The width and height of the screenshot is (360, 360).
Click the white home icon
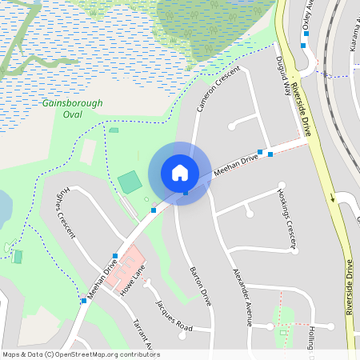point(179,173)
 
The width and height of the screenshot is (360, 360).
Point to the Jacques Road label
point(174,315)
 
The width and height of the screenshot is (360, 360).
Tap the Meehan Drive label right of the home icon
point(235,166)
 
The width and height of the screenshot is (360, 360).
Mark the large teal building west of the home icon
point(130,182)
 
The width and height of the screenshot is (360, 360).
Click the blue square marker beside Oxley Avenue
point(303,46)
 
